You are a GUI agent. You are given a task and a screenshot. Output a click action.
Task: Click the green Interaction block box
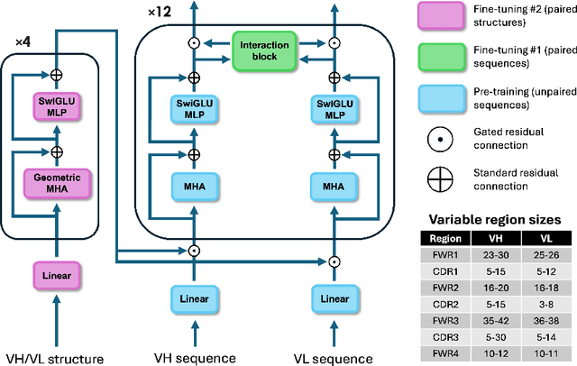click(x=264, y=51)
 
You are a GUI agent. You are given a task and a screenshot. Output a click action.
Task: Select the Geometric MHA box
click(x=57, y=184)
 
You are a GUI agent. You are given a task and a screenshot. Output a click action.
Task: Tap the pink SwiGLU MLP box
click(x=57, y=106)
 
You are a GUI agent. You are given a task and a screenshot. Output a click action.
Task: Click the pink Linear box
click(x=57, y=276)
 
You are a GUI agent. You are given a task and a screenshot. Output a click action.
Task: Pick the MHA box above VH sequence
click(x=195, y=187)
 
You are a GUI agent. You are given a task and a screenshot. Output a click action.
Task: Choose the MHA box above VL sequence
click(x=334, y=187)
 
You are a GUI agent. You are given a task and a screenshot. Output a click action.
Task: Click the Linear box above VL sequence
click(x=334, y=298)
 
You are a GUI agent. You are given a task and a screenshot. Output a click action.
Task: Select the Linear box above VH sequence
click(x=195, y=298)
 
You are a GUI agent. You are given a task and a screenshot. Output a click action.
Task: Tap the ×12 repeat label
click(x=160, y=12)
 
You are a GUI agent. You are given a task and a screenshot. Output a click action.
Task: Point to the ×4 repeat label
click(x=23, y=42)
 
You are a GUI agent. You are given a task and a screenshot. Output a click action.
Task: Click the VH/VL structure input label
click(x=55, y=359)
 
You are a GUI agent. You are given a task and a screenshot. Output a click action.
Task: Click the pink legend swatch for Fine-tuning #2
click(x=441, y=15)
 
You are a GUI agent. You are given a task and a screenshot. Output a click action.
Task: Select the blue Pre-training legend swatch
click(x=442, y=98)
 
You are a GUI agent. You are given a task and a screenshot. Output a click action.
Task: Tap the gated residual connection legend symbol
click(x=440, y=140)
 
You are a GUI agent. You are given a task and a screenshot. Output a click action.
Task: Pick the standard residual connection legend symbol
click(x=440, y=179)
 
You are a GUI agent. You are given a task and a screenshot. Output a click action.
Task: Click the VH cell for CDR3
click(x=496, y=337)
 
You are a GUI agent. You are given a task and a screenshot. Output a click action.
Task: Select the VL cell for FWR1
click(x=546, y=255)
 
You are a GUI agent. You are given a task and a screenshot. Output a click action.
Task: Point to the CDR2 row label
click(x=445, y=305)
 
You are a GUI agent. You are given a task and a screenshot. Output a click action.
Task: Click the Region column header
click(x=445, y=239)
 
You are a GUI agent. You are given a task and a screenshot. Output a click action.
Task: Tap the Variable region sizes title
click(x=495, y=220)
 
